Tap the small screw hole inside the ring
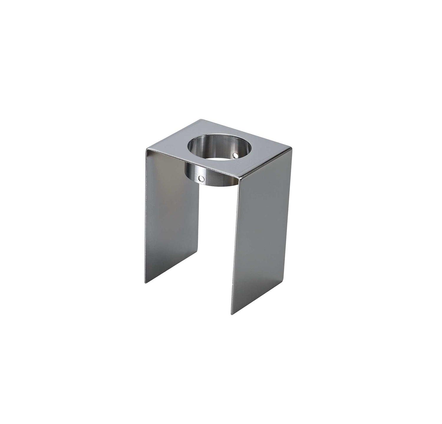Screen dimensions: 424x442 tap(235, 154)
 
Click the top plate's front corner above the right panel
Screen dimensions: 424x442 tap(239, 178)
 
